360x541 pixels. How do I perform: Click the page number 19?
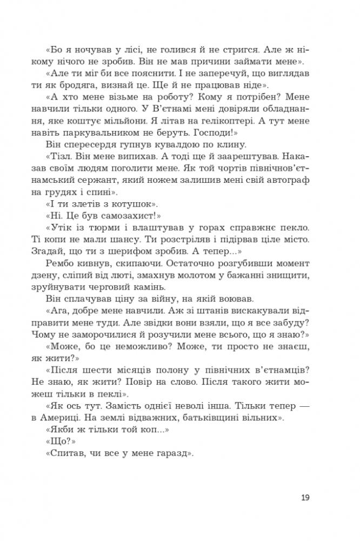(304, 497)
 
